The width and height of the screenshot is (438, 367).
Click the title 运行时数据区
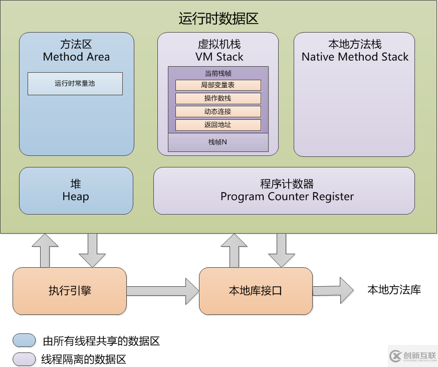[x=218, y=19]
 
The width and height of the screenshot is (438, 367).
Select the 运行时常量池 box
[x=75, y=84]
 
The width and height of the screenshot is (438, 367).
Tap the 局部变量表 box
[x=218, y=85]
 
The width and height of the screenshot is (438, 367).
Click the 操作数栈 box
[x=218, y=98]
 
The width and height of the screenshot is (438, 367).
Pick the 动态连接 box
[x=218, y=111]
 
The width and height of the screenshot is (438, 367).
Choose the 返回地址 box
[x=218, y=125]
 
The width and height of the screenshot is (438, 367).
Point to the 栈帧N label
[x=218, y=142]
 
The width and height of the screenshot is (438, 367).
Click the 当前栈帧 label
[x=218, y=73]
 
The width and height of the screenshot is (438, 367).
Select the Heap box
[x=76, y=191]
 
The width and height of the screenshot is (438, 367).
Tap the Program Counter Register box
[x=284, y=191]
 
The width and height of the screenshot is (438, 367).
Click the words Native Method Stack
[x=355, y=57]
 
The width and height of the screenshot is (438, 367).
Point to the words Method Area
[x=76, y=57]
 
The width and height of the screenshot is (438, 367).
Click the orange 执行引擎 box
[x=70, y=291]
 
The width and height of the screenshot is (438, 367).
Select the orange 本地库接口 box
[x=256, y=291]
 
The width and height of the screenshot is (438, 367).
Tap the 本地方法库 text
[x=394, y=290]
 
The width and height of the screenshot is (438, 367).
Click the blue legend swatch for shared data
[x=25, y=341]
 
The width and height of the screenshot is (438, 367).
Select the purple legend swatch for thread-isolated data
[x=25, y=359]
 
